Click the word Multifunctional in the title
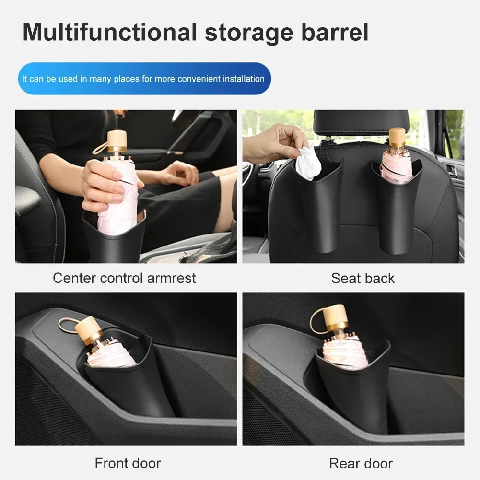pyautogui.click(x=110, y=33)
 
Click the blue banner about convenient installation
pyautogui.click(x=144, y=79)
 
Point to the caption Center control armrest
pyautogui.click(x=124, y=278)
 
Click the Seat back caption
pyautogui.click(x=363, y=278)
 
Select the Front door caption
pyautogui.click(x=128, y=463)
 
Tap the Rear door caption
pyautogui.click(x=361, y=463)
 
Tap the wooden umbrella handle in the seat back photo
pyautogui.click(x=397, y=138)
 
